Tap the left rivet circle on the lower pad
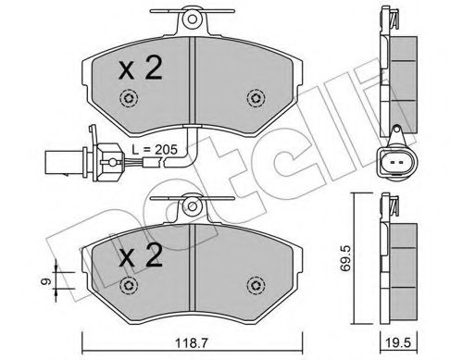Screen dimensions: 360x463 [x=132, y=286]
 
